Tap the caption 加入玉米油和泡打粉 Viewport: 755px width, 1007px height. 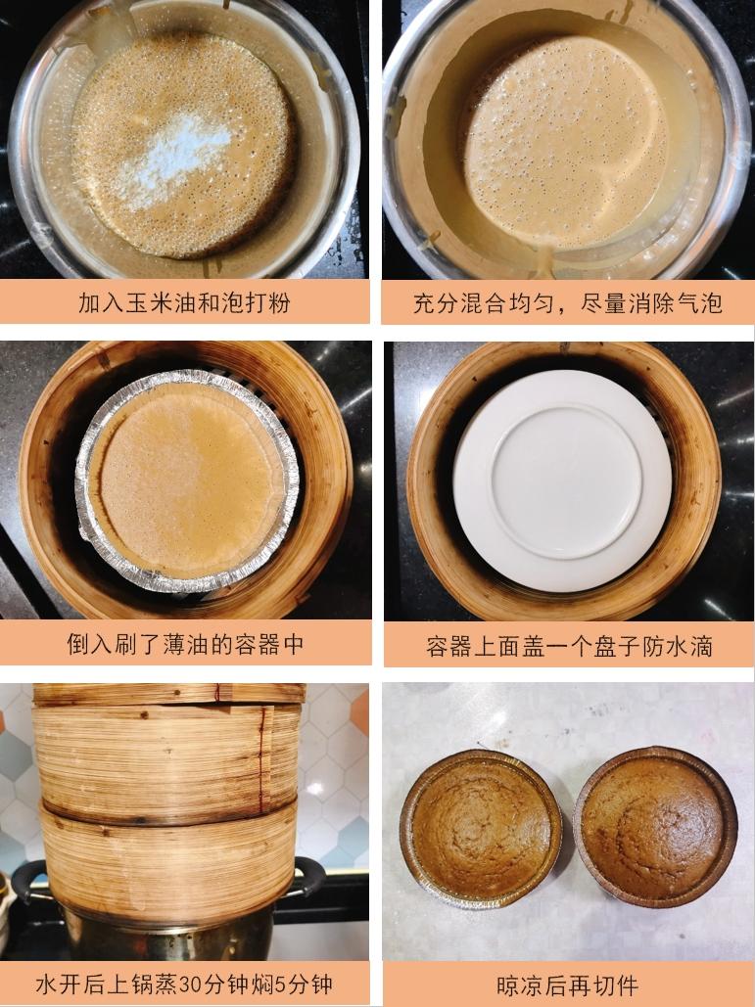[185, 302]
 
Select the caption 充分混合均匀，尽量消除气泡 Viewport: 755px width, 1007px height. [567, 302]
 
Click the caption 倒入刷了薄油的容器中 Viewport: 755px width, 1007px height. [185, 643]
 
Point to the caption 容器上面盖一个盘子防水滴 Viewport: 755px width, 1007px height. [568, 646]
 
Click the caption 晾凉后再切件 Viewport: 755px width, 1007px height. [567, 984]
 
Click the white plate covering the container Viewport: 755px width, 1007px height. [562, 480]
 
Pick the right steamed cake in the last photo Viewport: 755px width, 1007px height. [654, 827]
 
